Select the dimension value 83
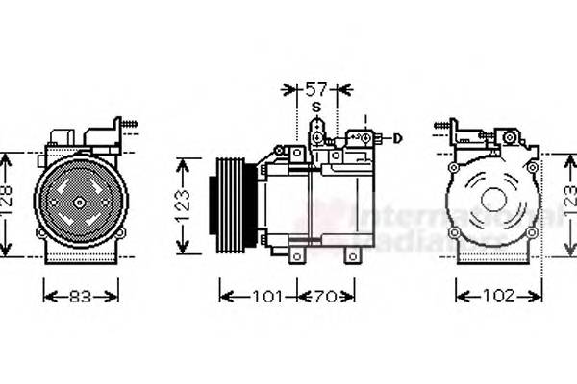pyautogui.click(x=81, y=297)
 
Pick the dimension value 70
pyautogui.click(x=328, y=297)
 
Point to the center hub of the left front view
pyautogui.click(x=81, y=203)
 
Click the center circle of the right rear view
pyautogui.click(x=493, y=200)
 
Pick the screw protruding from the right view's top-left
pyautogui.click(x=442, y=125)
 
